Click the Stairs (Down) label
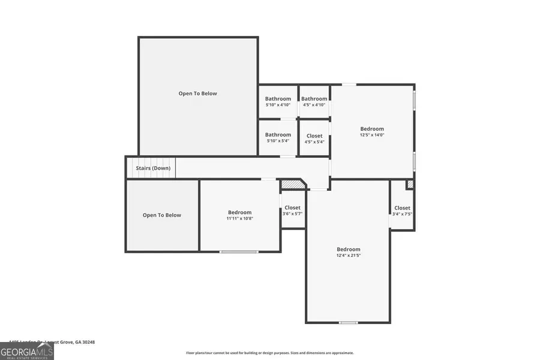(x=153, y=168)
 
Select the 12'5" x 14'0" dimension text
(x=372, y=135)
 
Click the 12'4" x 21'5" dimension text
(x=348, y=256)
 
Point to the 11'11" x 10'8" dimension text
(x=239, y=218)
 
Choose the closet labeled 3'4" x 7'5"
(x=402, y=211)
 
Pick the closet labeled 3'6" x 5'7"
(x=292, y=211)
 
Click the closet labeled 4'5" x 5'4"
(x=314, y=139)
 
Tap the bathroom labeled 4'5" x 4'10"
(x=314, y=101)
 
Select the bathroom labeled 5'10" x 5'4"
(x=278, y=137)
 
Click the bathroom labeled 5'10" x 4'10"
(x=278, y=101)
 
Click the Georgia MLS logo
(x=27, y=350)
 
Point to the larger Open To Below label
(x=197, y=94)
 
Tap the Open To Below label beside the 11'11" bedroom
(x=161, y=215)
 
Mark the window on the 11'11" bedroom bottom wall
(x=239, y=251)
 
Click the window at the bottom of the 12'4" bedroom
(x=348, y=323)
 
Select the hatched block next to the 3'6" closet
(x=291, y=184)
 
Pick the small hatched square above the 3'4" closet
(x=410, y=184)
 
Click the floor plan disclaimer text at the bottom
(x=269, y=353)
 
